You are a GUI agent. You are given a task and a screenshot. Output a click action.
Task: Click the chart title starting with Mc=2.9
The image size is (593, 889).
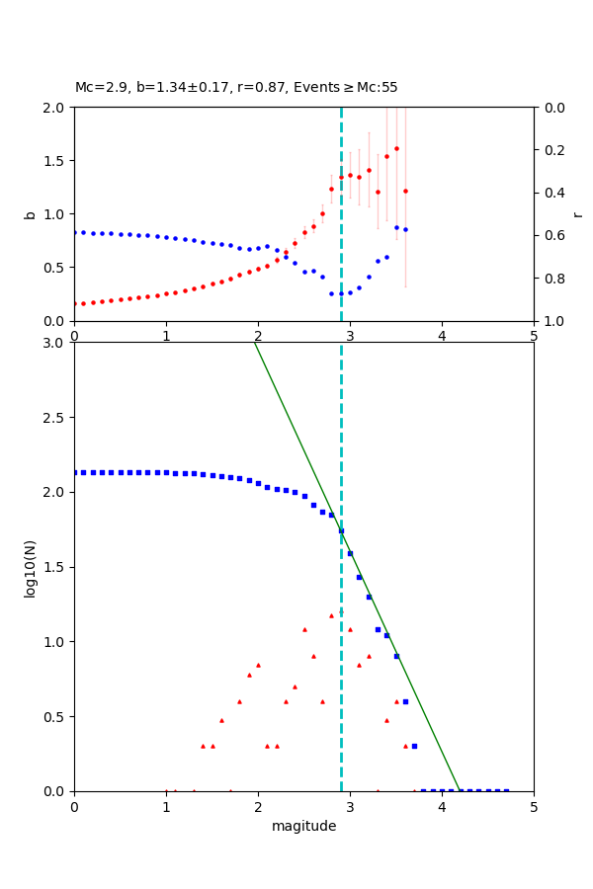pyautogui.click(x=236, y=88)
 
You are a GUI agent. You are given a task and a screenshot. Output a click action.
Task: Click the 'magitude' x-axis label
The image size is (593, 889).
pyautogui.click(x=303, y=826)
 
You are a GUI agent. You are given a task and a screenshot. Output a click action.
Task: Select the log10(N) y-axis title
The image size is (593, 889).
pyautogui.click(x=30, y=567)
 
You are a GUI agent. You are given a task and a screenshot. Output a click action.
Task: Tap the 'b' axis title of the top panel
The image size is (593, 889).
pyautogui.click(x=30, y=214)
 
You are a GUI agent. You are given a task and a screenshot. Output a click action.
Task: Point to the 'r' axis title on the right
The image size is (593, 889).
pyautogui.click(x=577, y=214)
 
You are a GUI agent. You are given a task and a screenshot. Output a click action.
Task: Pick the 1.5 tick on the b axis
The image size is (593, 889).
pyautogui.click(x=56, y=161)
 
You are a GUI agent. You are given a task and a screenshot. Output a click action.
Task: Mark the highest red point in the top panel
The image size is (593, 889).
pyautogui.click(x=396, y=148)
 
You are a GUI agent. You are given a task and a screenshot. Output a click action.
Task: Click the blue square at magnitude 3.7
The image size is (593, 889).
pyautogui.click(x=414, y=746)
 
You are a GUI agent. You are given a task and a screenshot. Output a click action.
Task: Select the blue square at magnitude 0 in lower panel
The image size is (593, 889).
pyautogui.click(x=74, y=472)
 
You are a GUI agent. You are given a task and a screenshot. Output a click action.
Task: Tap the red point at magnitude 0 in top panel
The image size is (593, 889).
pyautogui.click(x=74, y=304)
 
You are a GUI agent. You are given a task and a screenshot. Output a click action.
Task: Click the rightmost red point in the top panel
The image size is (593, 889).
pyautogui.click(x=405, y=191)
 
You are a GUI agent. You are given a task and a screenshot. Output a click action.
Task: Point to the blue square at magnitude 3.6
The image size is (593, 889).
pyautogui.click(x=405, y=701)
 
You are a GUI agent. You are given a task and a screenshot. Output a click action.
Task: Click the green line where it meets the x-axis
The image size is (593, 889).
pyautogui.click(x=460, y=790)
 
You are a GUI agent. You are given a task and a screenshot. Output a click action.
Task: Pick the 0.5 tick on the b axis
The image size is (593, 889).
pyautogui.click(x=56, y=268)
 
